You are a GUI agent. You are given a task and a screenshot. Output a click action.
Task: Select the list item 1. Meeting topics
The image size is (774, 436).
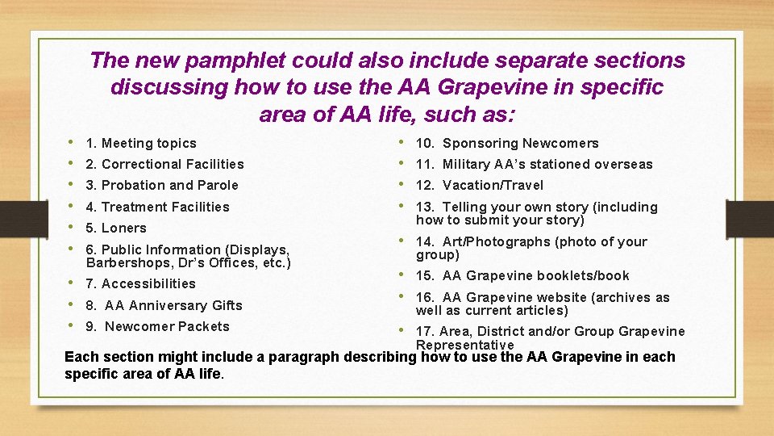(141, 144)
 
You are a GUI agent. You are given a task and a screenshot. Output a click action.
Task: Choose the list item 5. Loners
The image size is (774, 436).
(116, 228)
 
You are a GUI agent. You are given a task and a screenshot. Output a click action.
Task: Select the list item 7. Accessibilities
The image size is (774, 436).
(140, 284)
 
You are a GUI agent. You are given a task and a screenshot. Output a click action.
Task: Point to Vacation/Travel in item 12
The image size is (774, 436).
(493, 186)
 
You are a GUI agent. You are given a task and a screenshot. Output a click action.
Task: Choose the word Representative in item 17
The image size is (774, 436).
(464, 346)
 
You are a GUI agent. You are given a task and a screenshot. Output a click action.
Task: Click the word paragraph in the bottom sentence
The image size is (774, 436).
(305, 358)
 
